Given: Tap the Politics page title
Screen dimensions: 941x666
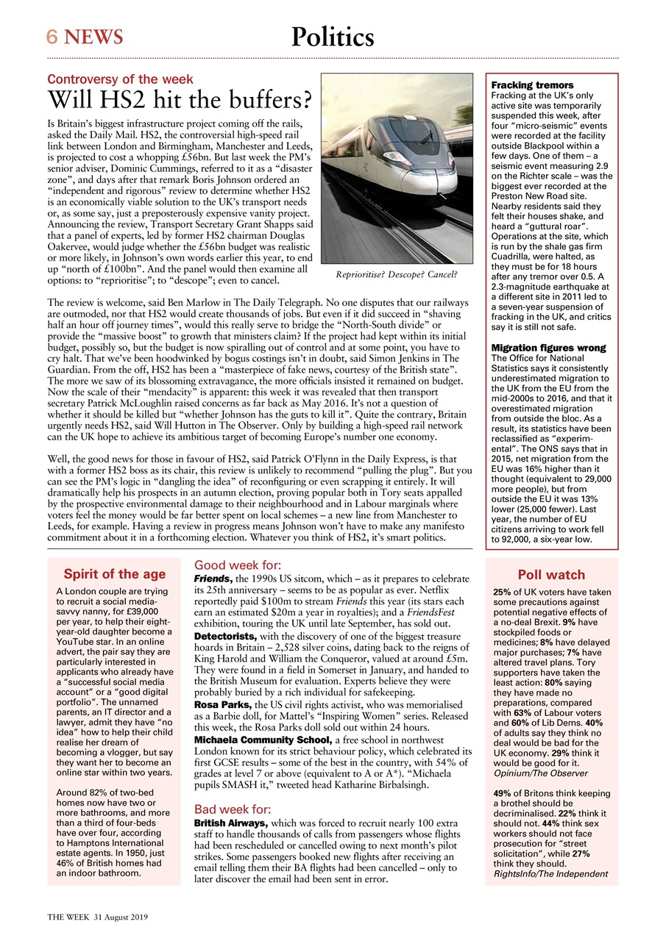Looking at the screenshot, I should click(x=333, y=36).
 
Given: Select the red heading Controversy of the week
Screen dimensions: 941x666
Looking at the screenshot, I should click(x=120, y=79).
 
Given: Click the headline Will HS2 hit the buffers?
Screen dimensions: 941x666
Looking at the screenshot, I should click(x=180, y=99).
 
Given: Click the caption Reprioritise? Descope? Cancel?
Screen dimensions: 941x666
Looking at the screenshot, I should click(x=396, y=275).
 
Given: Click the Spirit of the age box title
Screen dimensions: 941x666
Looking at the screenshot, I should click(x=114, y=574).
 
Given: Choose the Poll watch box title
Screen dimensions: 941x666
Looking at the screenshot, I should click(x=551, y=575).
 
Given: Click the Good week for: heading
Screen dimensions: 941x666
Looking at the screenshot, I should click(x=237, y=565).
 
